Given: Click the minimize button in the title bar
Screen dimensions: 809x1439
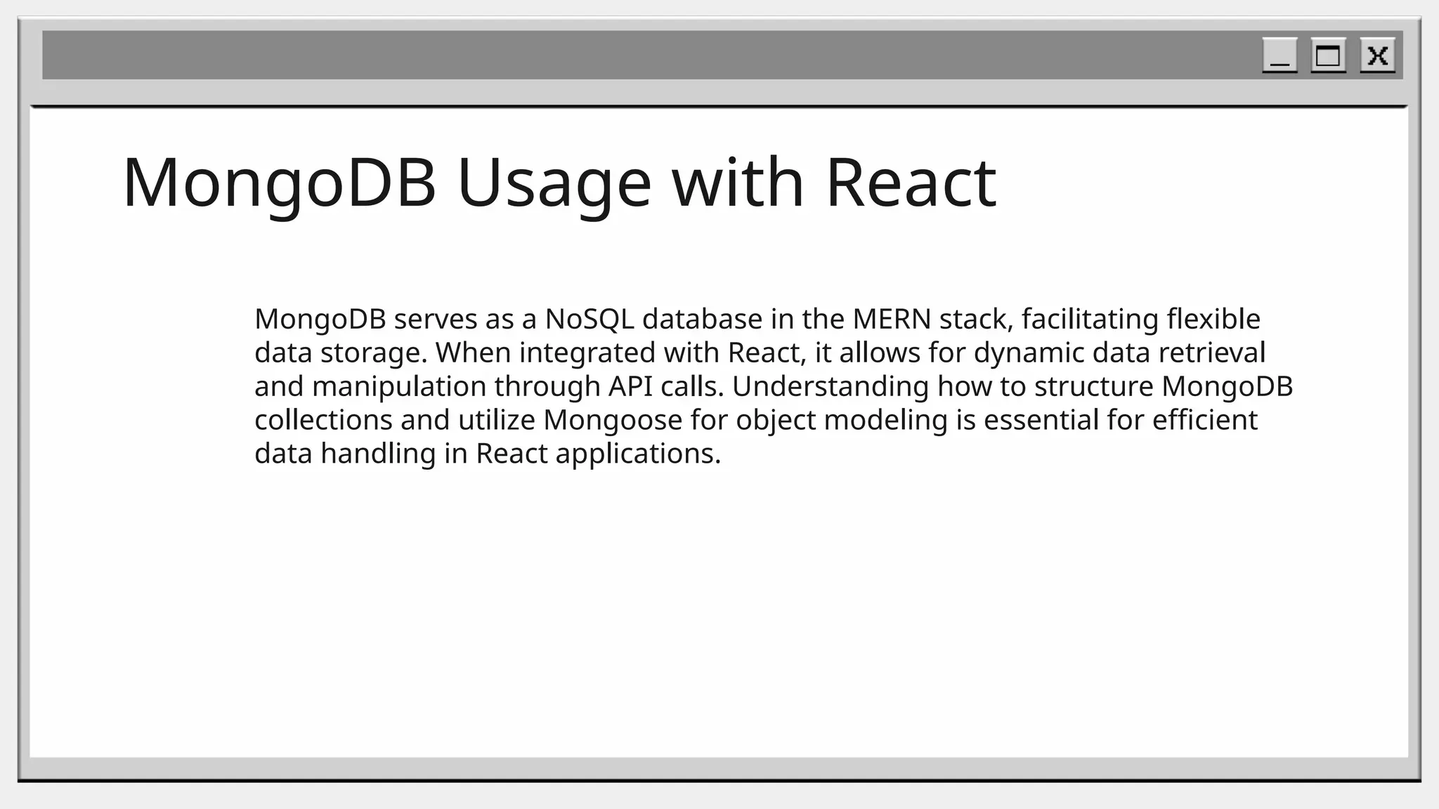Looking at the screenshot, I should pos(1280,55).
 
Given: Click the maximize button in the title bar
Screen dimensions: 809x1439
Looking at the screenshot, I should pos(1328,55).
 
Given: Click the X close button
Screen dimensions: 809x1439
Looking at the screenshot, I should pos(1377,55).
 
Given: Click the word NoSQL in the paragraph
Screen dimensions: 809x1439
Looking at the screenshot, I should pos(589,320).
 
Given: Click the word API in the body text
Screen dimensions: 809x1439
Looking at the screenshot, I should pos(630,387).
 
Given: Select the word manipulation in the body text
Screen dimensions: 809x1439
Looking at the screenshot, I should pos(398,387).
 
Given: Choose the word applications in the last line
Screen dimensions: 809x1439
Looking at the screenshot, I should pos(637,454).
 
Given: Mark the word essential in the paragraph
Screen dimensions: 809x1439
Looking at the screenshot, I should pos(1041,421).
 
